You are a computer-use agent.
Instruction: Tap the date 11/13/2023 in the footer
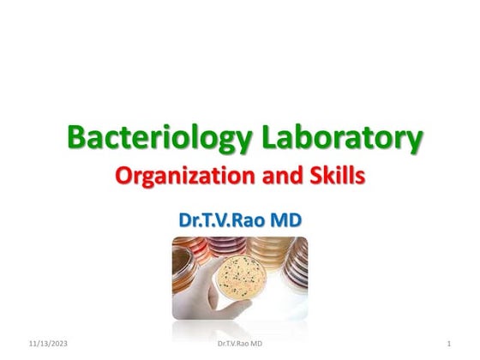[x=46, y=344]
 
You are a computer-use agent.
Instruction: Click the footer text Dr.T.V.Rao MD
[x=240, y=344]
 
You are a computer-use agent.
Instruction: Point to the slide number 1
[x=449, y=344]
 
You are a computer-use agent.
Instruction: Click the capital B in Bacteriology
[x=78, y=137]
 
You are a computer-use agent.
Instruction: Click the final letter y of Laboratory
[x=414, y=141]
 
